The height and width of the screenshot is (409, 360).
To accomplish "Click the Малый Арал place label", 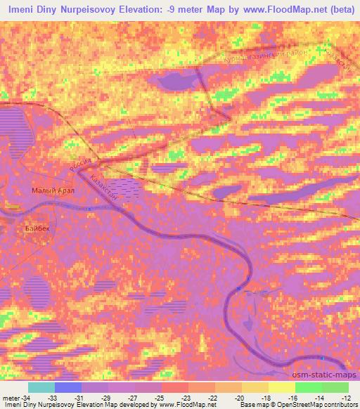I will click(53, 190).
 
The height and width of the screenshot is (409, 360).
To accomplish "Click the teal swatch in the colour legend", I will click(41, 387).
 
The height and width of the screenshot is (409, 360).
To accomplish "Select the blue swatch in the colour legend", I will click(67, 387).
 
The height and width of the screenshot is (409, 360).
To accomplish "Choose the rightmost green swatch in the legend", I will click(335, 387).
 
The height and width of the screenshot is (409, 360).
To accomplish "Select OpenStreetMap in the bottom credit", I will click(298, 405).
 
